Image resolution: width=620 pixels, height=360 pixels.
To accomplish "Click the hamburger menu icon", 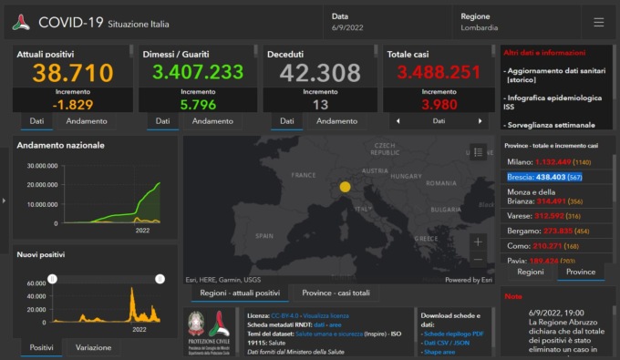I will (598, 22).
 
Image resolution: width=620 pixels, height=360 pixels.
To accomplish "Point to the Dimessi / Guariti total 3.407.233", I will (198, 73).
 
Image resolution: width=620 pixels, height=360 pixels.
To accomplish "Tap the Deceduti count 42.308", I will (319, 73).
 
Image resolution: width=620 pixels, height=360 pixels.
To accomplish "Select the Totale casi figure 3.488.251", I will (439, 73).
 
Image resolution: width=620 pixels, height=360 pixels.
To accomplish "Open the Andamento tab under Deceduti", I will (336, 121).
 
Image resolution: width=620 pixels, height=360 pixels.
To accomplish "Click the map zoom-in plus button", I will (478, 242).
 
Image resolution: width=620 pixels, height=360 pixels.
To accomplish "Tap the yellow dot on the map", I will (345, 187).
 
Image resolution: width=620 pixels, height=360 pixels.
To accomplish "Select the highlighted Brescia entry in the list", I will (545, 178).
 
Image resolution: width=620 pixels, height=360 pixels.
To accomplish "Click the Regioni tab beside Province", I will (530, 272).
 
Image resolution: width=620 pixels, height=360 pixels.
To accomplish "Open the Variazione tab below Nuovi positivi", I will (93, 347).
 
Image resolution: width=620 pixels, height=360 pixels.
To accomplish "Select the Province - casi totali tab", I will (336, 293).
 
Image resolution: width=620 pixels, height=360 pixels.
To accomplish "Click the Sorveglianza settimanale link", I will (551, 125).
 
